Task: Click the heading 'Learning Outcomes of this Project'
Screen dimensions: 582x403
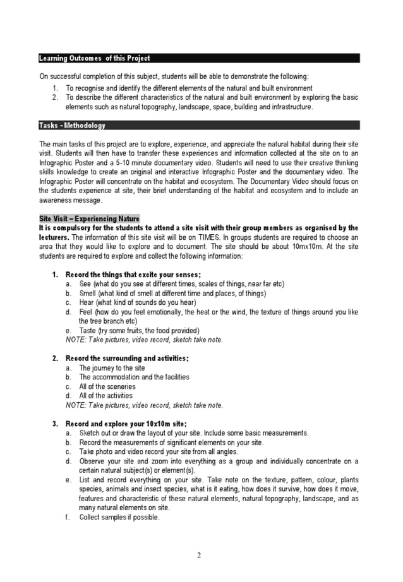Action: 95,59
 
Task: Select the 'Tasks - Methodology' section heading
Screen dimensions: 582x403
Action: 72,126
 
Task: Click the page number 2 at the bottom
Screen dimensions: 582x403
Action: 199,555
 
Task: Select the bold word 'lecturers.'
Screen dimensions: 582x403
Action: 54,238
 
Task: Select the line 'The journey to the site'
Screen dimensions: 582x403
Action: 112,368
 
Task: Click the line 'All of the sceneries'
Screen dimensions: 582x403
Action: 107,386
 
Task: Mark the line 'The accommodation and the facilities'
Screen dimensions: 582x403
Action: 134,377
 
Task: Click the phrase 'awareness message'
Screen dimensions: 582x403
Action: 69,201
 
